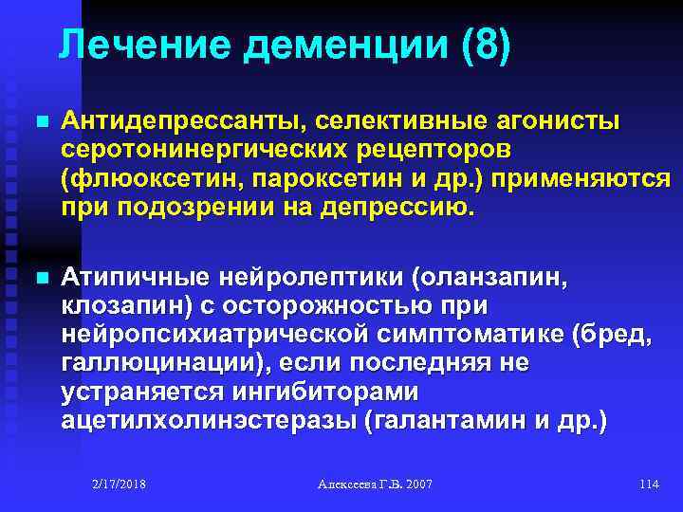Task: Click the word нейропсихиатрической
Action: click(220, 335)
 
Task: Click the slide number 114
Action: click(649, 485)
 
